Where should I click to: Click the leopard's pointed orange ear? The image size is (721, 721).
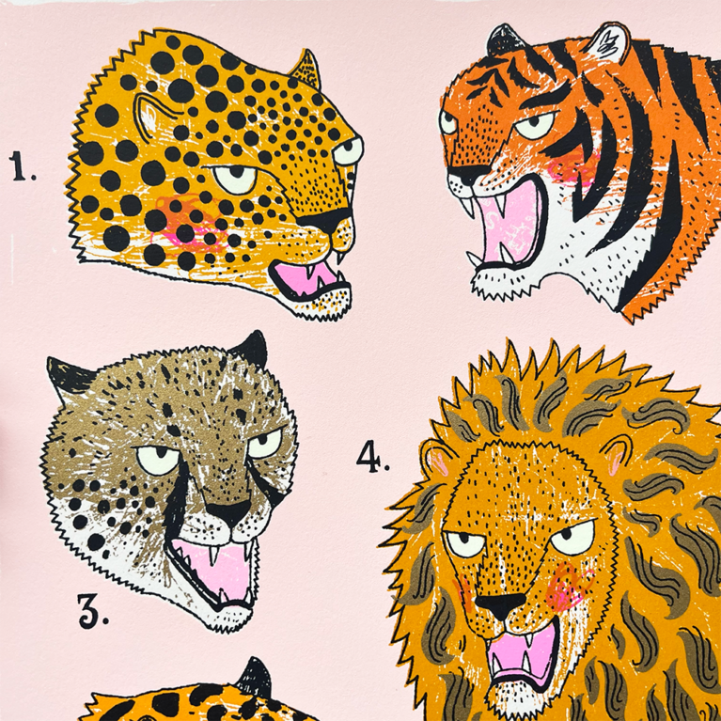pos(306,66)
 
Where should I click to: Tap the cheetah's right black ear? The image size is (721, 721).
pos(251,348)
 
